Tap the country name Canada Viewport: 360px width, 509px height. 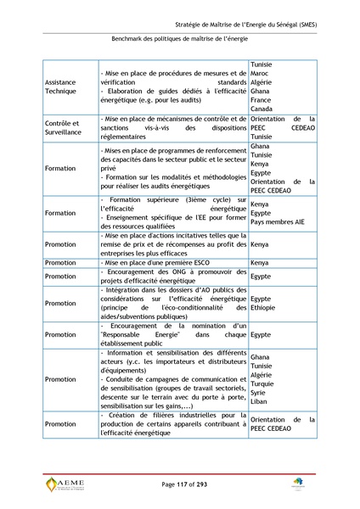coord(262,109)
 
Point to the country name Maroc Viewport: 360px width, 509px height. coord(260,71)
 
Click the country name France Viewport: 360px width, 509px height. coord(261,99)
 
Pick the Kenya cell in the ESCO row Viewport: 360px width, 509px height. coord(260,263)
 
